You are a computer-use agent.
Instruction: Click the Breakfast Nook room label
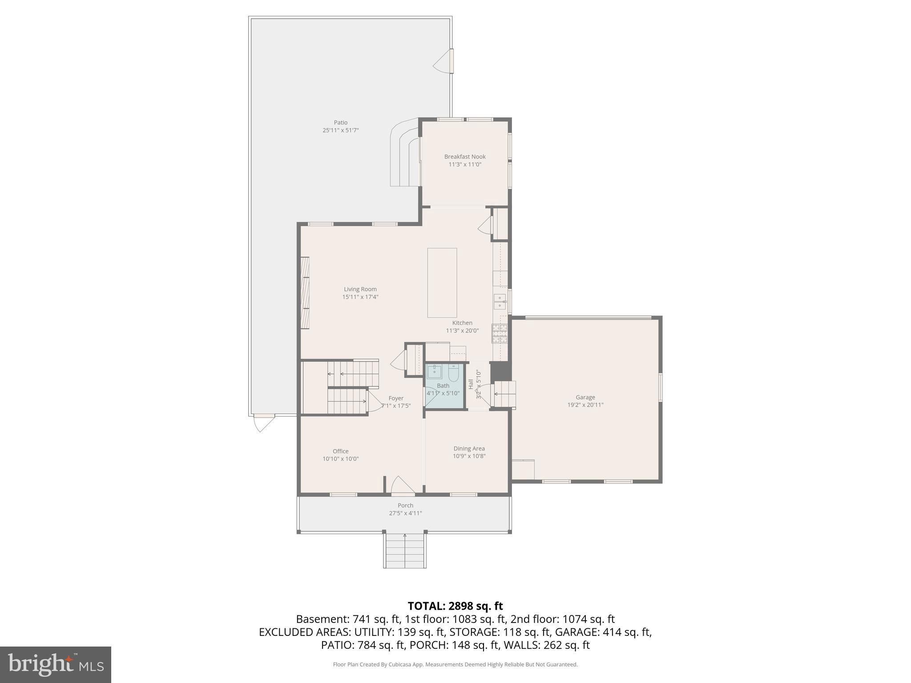click(x=465, y=157)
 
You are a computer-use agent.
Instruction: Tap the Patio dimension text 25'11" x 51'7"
click(x=340, y=130)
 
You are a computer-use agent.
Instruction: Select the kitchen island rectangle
click(x=442, y=283)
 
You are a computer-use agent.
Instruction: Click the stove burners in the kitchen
click(x=499, y=333)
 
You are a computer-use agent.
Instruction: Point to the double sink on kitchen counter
click(x=500, y=301)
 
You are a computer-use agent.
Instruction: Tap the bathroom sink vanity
click(x=434, y=372)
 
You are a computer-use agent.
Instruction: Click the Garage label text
click(x=585, y=397)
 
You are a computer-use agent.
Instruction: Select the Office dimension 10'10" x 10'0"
click(x=340, y=459)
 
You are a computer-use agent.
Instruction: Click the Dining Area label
click(x=469, y=449)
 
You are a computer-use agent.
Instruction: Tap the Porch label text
click(x=405, y=505)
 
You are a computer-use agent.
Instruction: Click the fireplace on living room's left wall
click(x=305, y=293)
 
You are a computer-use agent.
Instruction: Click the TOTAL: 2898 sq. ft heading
click(x=455, y=606)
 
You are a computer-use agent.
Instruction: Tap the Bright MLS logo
click(x=56, y=664)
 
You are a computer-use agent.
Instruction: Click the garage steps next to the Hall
click(x=505, y=394)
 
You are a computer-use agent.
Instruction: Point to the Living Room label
click(x=360, y=289)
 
